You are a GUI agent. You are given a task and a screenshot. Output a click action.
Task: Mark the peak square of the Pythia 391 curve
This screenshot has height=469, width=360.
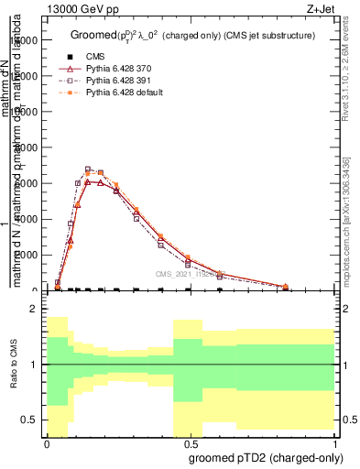[88, 169]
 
